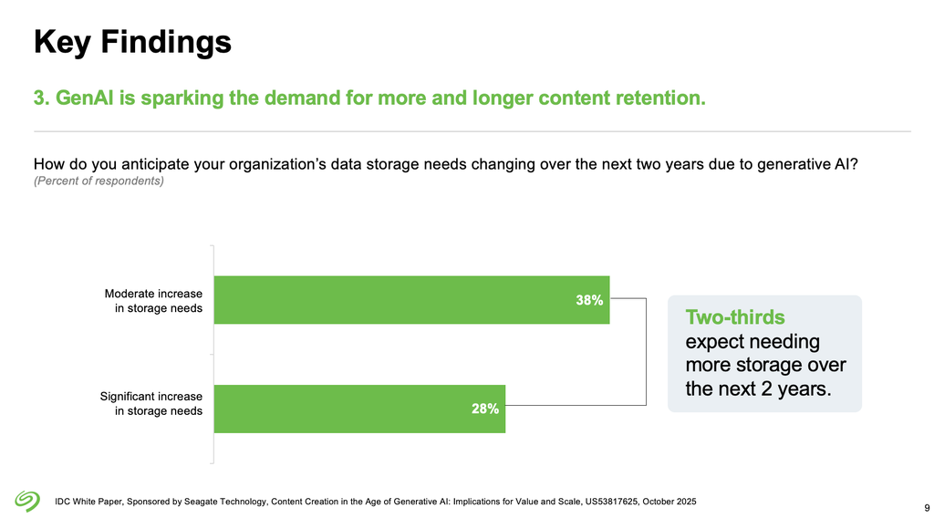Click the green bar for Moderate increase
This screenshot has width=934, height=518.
click(x=410, y=300)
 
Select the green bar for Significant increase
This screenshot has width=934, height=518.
click(x=358, y=409)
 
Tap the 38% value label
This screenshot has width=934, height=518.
click(x=588, y=300)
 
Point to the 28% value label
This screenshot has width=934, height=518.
click(x=484, y=409)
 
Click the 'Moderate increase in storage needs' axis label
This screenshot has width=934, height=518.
click(x=153, y=301)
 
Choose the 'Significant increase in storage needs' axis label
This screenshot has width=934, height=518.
click(x=150, y=404)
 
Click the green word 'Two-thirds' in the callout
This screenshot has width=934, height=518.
click(x=734, y=317)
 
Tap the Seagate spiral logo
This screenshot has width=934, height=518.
click(x=28, y=501)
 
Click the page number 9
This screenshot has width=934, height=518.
click(x=927, y=507)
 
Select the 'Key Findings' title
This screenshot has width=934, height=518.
click(x=132, y=41)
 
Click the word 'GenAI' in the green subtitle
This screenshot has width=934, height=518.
click(x=84, y=98)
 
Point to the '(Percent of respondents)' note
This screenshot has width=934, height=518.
click(x=99, y=181)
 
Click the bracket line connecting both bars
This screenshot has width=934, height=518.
click(x=646, y=351)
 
